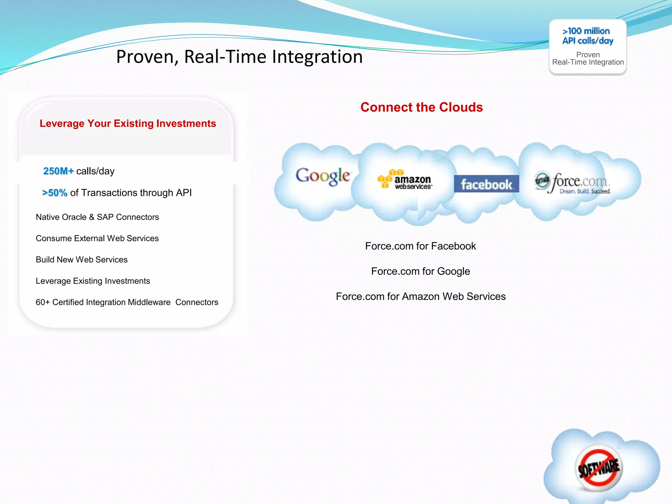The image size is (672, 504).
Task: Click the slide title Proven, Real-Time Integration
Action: point(239,57)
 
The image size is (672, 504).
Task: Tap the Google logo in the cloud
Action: point(323,176)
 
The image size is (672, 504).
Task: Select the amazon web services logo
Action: point(405,180)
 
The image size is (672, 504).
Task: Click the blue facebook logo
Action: point(486,184)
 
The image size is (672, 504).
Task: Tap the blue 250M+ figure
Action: point(58,171)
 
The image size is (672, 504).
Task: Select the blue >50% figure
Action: point(55,193)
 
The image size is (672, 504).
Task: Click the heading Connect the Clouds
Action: point(421,107)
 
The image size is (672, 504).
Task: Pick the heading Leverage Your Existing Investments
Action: point(128,123)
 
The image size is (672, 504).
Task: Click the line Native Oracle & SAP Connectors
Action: point(97,217)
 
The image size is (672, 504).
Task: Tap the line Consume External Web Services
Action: point(97,239)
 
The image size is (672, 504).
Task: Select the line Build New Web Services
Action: point(81,260)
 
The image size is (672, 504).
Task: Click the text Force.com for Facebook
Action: point(420,246)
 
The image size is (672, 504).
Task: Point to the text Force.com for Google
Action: point(420,271)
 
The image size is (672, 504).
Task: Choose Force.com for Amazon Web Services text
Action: point(420,297)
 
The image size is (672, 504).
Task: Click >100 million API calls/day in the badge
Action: point(587,36)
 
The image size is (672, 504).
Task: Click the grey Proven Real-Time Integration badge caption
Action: point(588,59)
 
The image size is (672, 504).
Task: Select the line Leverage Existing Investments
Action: point(93,281)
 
